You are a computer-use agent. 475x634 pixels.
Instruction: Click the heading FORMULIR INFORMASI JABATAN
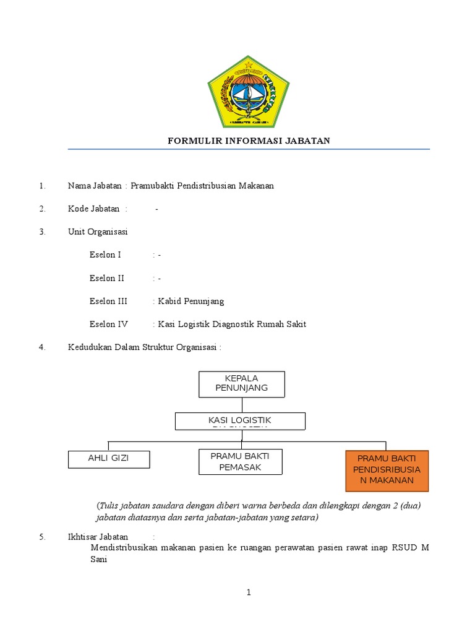[x=249, y=141]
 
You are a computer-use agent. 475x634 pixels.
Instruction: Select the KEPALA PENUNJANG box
[x=241, y=383]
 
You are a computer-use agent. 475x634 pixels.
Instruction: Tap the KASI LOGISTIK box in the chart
[x=240, y=421]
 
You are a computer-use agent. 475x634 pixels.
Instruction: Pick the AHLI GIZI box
[x=108, y=459]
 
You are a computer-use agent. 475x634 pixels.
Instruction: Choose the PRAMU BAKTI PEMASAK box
[x=240, y=461]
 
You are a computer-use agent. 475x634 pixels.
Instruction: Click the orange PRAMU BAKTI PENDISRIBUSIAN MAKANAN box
[x=387, y=470]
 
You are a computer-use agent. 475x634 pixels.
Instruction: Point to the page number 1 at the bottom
[x=249, y=593]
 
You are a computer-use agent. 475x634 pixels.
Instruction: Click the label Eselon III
[x=108, y=302]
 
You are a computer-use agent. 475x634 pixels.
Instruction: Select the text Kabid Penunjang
[x=191, y=302]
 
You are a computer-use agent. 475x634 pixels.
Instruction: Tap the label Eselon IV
[x=108, y=324]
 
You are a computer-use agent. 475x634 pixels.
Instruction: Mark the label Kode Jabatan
[x=93, y=209]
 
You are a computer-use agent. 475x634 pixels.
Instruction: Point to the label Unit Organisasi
[x=98, y=232]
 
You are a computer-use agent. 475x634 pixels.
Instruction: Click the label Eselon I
[x=105, y=255]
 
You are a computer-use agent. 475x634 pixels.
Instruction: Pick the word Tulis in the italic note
[x=109, y=505]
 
